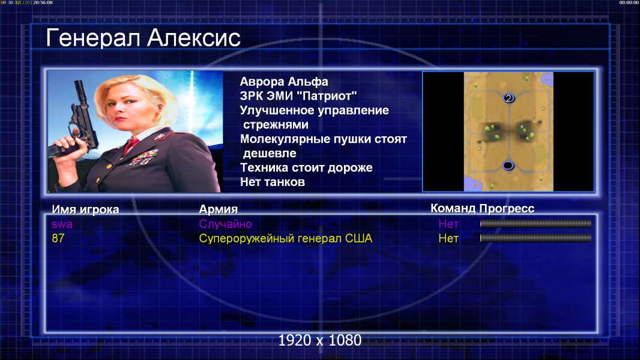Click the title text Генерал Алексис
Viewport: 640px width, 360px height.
click(143, 38)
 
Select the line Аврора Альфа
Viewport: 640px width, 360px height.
click(283, 82)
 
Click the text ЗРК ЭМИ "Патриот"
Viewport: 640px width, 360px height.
click(298, 96)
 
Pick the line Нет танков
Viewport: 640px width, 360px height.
click(272, 182)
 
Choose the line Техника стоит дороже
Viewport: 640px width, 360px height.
click(306, 167)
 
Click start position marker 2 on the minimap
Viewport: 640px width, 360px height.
click(508, 98)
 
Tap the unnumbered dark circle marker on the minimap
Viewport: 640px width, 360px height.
click(508, 166)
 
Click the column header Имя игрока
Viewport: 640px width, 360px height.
click(85, 209)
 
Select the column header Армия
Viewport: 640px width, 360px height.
click(218, 209)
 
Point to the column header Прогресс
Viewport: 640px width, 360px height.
click(507, 209)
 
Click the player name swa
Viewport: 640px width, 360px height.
click(62, 224)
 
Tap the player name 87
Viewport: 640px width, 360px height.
click(58, 238)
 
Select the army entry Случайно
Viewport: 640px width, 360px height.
click(225, 224)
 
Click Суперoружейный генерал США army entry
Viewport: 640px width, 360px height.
click(285, 239)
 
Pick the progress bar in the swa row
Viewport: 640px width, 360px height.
click(536, 223)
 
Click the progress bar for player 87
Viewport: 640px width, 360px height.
click(536, 238)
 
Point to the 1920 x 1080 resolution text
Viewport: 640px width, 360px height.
click(320, 340)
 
